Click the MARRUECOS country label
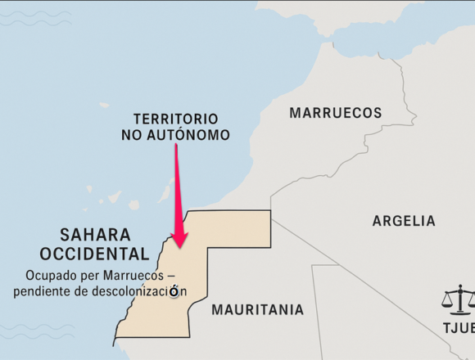(336, 113)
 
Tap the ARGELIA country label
(404, 221)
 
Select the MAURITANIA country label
(257, 310)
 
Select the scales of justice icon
(459, 299)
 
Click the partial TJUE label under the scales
(458, 328)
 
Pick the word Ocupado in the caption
(48, 274)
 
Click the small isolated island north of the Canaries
(104, 105)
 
